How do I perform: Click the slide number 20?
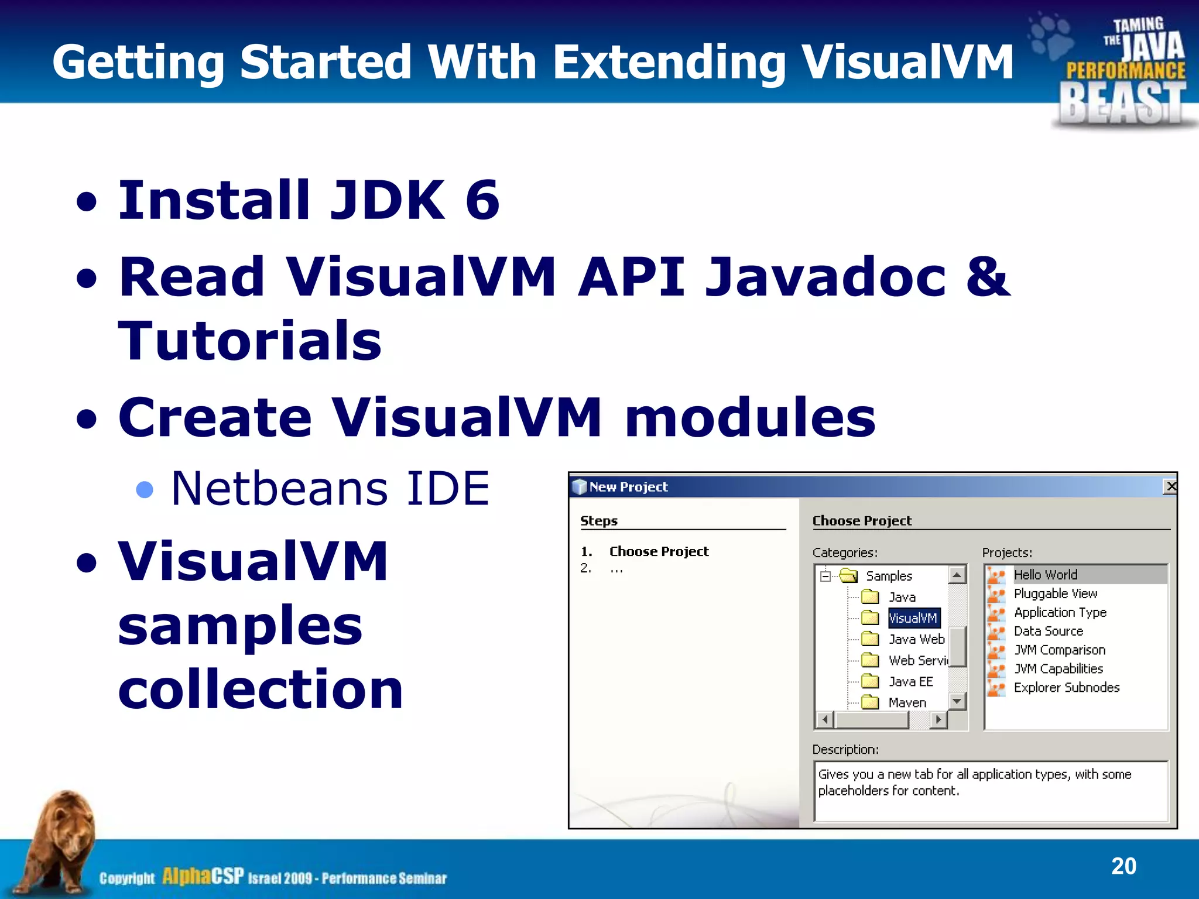pos(1123,866)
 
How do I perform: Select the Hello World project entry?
pos(1045,575)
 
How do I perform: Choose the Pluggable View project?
pos(1055,593)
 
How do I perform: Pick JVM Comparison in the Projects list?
pos(1059,650)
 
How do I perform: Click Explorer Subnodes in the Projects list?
pos(1066,687)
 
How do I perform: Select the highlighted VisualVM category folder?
pos(912,618)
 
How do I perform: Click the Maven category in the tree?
pos(907,702)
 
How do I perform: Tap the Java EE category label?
pos(910,681)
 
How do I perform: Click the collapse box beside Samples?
pos(825,577)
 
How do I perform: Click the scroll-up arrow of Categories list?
pos(957,575)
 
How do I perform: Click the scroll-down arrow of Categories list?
pos(957,701)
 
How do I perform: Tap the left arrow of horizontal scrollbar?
pos(825,719)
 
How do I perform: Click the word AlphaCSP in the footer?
pos(203,876)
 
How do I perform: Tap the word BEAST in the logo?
pos(1123,103)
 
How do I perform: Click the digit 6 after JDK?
pos(482,200)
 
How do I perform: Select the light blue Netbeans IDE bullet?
pos(144,489)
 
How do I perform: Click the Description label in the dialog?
pos(845,750)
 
